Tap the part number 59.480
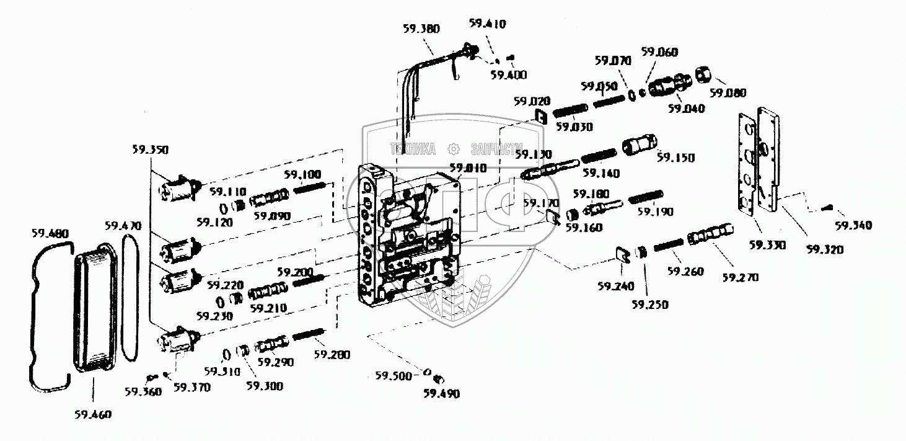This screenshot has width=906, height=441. [x=50, y=234]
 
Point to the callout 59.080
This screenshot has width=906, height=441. [x=728, y=93]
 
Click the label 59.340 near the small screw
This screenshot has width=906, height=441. [x=853, y=226]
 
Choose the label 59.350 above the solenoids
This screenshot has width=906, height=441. [x=150, y=149]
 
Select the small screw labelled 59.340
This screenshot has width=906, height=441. [x=827, y=208]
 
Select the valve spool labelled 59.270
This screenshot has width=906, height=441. [x=710, y=235]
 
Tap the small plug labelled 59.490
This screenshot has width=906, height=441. [x=441, y=379]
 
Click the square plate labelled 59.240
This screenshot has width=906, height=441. [x=623, y=254]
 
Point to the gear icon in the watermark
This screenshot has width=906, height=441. [x=453, y=149]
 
